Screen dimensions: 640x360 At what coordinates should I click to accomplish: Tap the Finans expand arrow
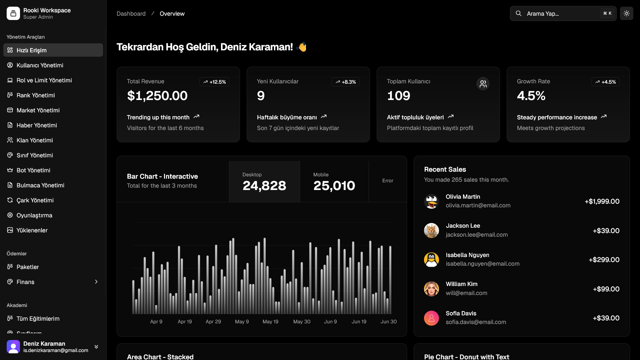coord(96,282)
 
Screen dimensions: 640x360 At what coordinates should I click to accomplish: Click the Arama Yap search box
coord(563,14)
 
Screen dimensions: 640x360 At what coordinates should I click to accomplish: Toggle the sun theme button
coord(627,14)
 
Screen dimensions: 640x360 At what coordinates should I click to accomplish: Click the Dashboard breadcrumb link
coord(131,14)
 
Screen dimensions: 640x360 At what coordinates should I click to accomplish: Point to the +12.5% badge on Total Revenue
coord(214,82)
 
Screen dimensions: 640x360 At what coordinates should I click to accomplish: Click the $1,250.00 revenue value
coord(157,96)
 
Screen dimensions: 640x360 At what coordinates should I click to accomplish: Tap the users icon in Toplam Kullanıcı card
coord(483,84)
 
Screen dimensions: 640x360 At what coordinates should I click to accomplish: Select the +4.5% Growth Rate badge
coord(605,82)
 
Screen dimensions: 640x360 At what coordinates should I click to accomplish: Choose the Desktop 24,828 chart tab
coord(264,182)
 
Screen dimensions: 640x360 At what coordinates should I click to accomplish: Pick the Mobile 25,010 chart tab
coord(334,182)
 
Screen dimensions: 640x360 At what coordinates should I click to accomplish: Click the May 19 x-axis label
coord(270,322)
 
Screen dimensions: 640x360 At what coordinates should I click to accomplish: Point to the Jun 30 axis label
coord(389,322)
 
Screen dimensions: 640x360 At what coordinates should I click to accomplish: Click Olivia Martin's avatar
coord(431,201)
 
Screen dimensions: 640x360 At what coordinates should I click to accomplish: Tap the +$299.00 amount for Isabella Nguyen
coord(604,260)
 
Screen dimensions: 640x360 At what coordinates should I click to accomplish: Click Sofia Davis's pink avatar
coord(431,318)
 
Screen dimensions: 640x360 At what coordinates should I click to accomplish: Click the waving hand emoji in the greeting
coord(302,47)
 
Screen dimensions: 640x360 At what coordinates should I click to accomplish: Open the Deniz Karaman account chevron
coord(96,347)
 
